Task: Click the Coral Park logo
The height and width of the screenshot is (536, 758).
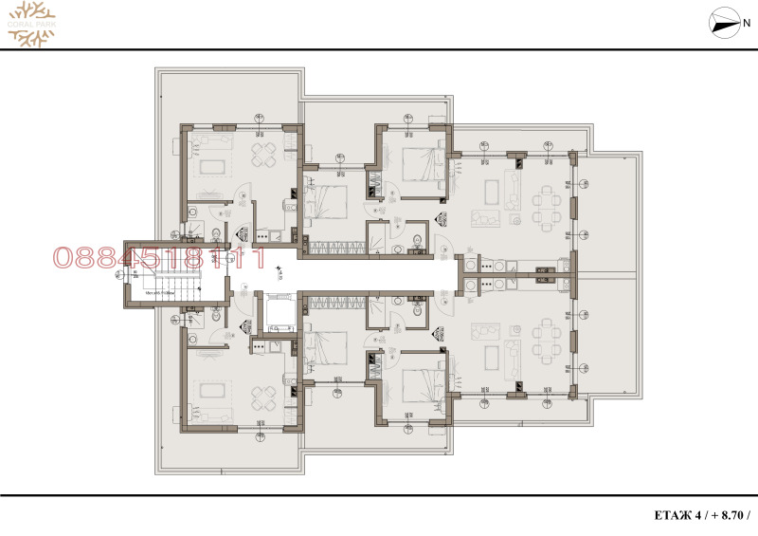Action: pos(31,23)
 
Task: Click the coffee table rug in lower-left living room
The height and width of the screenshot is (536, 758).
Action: pos(210,390)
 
